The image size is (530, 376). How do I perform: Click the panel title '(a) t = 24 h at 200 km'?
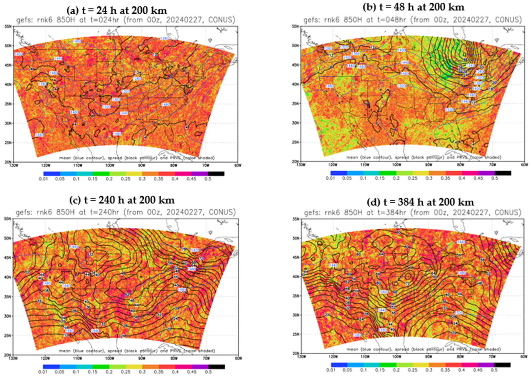(116, 11)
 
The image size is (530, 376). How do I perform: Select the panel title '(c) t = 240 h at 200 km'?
(122, 200)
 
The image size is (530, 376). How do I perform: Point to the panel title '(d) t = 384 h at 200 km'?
(420, 202)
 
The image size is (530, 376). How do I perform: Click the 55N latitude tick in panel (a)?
(9, 26)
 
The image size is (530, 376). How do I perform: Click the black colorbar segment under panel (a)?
(216, 174)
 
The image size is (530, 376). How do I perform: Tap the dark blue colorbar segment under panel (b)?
(339, 173)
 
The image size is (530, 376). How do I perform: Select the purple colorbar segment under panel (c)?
(200, 366)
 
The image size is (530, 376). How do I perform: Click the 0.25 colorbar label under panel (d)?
(412, 370)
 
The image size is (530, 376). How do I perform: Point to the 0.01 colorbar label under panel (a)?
(43, 179)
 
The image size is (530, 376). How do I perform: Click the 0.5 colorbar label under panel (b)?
(494, 178)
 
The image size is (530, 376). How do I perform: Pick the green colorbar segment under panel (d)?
(388, 365)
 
